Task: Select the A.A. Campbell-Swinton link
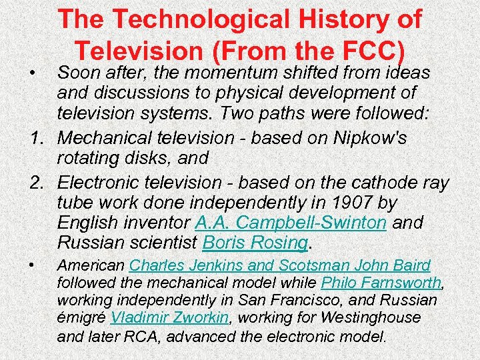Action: tap(291, 221)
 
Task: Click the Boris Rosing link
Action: tap(254, 241)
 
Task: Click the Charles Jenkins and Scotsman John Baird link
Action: tap(280, 265)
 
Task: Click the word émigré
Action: tap(81, 318)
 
